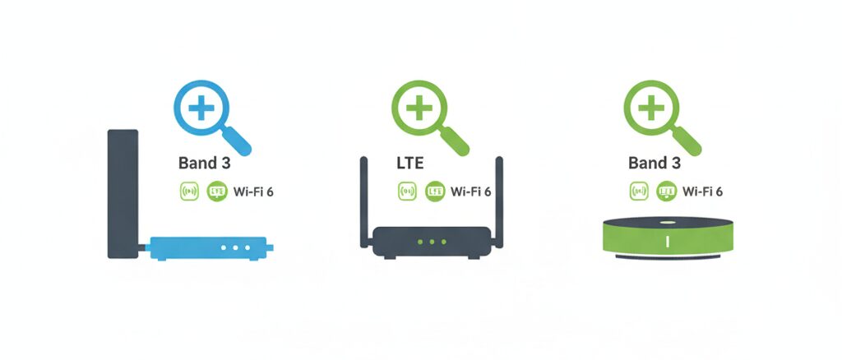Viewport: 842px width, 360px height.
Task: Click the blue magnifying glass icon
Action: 206,115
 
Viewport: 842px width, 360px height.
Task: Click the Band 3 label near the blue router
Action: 204,163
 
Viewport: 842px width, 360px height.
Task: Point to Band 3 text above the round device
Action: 654,163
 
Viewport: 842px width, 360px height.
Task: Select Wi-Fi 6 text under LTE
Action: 470,192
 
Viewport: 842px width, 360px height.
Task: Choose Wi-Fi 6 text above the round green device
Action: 702,192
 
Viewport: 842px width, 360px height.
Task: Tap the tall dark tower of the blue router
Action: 123,193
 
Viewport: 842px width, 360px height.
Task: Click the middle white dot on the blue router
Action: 235,247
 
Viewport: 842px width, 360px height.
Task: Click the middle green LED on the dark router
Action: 432,242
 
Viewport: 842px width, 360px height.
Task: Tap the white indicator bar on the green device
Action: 667,242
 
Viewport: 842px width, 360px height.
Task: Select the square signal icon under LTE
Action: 407,192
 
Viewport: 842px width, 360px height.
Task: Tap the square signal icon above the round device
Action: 639,192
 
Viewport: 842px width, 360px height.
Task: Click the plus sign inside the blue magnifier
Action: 200,108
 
